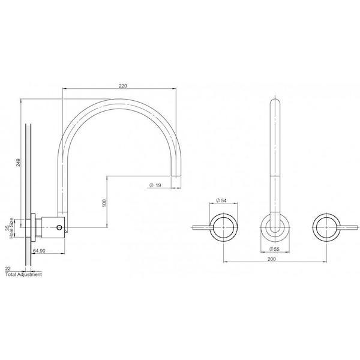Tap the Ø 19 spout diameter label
pyautogui.click(x=155, y=185)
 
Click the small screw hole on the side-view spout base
pyautogui.click(x=58, y=227)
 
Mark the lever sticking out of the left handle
pyautogui.click(x=200, y=227)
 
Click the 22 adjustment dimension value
pyautogui.click(x=7, y=269)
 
